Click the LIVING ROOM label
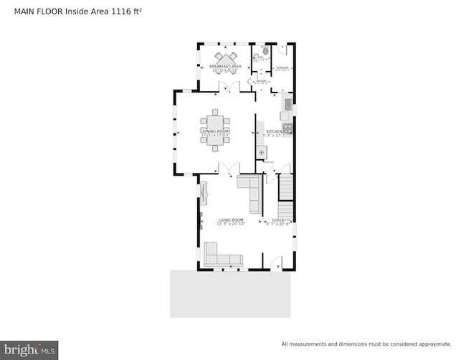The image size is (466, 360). click(x=230, y=220)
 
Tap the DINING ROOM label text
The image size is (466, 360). click(x=215, y=131)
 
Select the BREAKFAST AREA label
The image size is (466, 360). click(x=224, y=66)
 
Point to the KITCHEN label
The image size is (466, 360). click(x=276, y=132)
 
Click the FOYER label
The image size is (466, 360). click(x=278, y=220)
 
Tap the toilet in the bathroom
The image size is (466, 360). click(x=265, y=51)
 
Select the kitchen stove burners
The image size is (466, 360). click(x=287, y=130)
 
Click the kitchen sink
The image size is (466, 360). click(x=287, y=105)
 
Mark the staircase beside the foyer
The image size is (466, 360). click(x=285, y=188)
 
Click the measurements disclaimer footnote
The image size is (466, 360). click(x=366, y=344)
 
